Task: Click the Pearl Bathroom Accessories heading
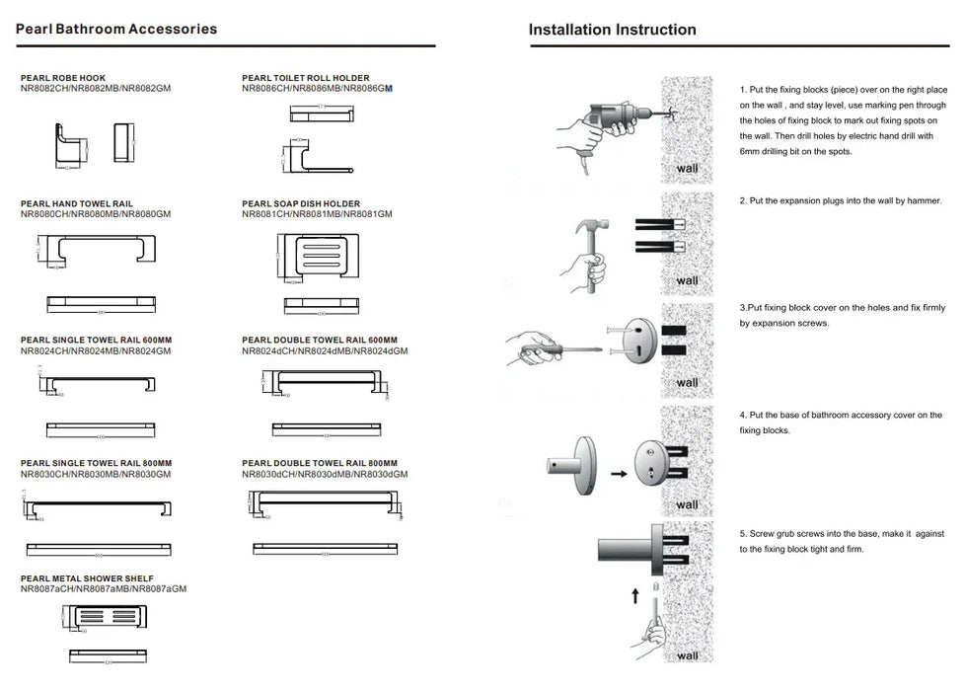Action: pos(116,29)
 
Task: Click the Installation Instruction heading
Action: pos(612,30)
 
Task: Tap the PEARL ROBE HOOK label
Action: pos(63,78)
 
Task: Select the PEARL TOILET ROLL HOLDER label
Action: pos(306,78)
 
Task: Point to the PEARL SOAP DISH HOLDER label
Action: pos(301,204)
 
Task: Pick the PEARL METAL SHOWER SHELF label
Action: pos(87,578)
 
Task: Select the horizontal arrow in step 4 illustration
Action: pos(619,475)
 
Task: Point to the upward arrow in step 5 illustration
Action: pos(635,595)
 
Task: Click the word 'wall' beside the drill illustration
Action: pos(688,169)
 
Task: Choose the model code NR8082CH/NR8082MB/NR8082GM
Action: pos(96,89)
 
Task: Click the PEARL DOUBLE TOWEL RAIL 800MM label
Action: pos(320,463)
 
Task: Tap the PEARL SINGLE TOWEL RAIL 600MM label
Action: pos(96,340)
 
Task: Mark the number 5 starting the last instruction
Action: pos(742,534)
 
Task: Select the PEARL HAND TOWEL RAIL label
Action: pos(77,204)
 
